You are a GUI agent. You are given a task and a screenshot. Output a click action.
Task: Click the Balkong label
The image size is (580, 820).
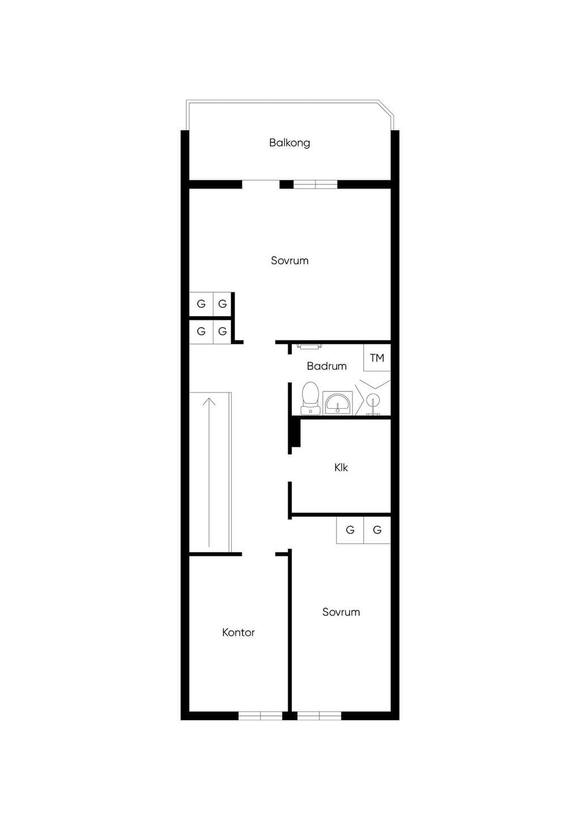pos(289,142)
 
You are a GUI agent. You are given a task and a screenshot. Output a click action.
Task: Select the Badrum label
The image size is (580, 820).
pos(327,366)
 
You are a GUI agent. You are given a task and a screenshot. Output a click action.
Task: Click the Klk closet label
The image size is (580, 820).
pos(341,467)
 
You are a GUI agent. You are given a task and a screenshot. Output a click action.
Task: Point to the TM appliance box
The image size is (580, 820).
pos(377,358)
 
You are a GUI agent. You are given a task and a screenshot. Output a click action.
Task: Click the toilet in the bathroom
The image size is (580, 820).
pos(310,398)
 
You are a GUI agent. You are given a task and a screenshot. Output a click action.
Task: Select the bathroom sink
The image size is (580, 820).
pos(338,403)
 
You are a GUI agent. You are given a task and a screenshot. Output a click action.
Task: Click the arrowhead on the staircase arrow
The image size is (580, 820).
pos(209,402)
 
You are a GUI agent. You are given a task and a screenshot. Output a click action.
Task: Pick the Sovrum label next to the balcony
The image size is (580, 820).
pos(289,260)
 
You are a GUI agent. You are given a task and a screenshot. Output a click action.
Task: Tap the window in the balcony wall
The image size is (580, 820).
pos(315,184)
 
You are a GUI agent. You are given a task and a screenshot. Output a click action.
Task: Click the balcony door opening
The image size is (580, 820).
pos(261,184)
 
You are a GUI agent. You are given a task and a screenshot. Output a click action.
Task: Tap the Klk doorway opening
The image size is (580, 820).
pos(289,468)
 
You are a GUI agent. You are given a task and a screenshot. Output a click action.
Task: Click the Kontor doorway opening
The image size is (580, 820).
pos(258,554)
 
